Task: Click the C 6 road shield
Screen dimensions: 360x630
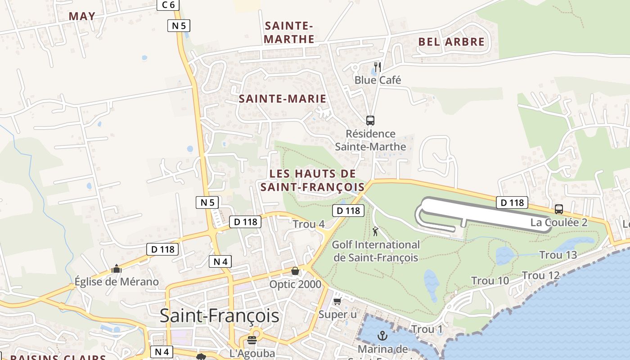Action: coord(168,4)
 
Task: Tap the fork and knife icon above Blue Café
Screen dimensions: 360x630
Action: coord(378,67)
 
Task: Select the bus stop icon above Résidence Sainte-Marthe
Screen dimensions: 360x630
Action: coord(370,121)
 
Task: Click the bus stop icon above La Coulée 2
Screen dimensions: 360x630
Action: coord(559,209)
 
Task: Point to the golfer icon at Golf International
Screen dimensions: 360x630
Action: coord(375,232)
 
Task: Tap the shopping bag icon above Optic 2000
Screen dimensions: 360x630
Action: coord(295,271)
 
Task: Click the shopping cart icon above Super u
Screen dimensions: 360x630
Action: coord(337,301)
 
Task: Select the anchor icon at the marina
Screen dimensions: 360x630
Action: coord(382,335)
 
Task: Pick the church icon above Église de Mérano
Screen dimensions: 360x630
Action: coord(117,269)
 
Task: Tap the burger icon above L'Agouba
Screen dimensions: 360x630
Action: coord(252,340)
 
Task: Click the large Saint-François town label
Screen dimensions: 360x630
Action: coord(220,316)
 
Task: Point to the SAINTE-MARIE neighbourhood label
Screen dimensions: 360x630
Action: coord(282,99)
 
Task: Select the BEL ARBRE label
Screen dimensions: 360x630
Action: coord(451,42)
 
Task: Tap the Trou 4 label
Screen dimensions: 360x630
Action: coord(309,224)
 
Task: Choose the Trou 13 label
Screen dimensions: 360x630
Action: coord(558,255)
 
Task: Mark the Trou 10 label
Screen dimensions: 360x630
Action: coord(490,281)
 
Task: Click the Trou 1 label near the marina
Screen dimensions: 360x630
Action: coord(427,330)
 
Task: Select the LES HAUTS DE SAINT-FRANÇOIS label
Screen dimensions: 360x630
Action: coord(313,180)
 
